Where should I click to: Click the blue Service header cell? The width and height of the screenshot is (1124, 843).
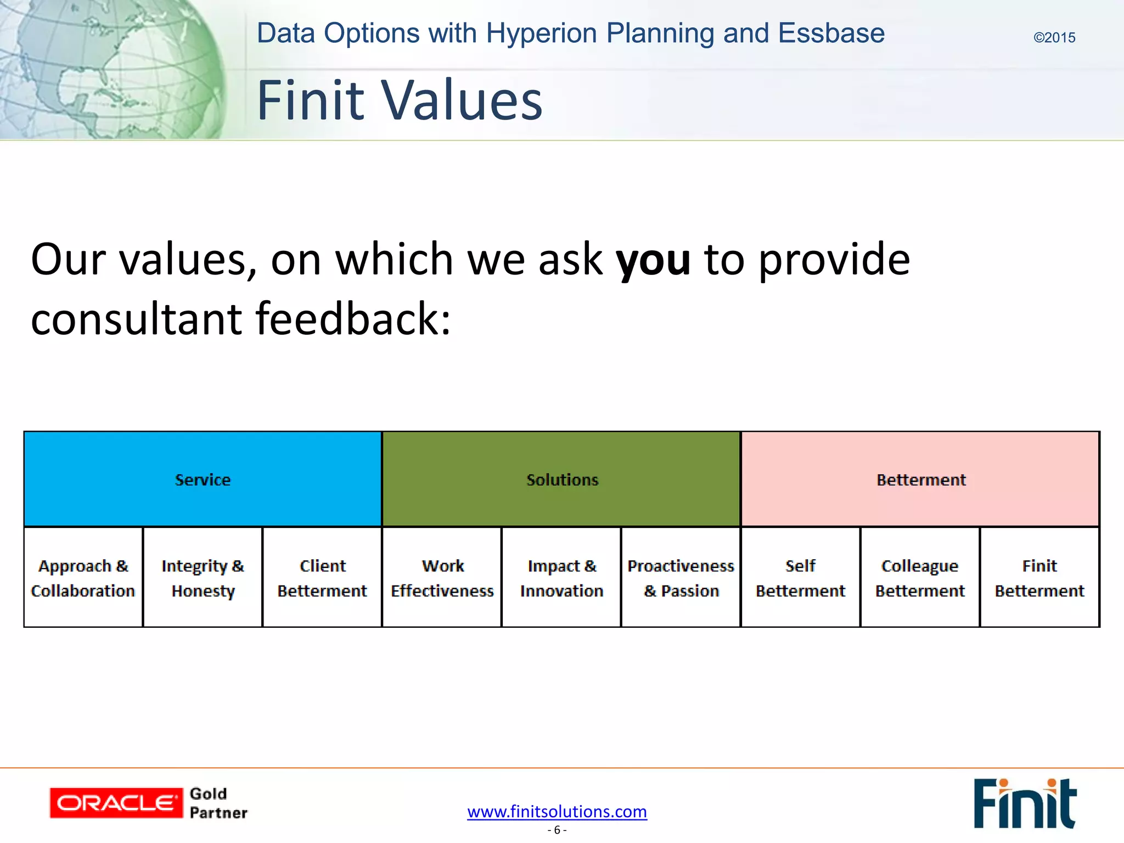pyautogui.click(x=203, y=479)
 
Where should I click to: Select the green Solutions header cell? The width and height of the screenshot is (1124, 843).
pyautogui.click(x=561, y=479)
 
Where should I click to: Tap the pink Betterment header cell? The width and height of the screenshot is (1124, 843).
pyautogui.click(x=920, y=479)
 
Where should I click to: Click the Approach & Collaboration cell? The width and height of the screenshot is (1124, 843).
pyautogui.click(x=83, y=577)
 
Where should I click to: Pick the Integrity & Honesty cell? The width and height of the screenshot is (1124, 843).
pyautogui.click(x=203, y=577)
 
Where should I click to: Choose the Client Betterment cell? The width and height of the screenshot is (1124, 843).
pyautogui.click(x=322, y=577)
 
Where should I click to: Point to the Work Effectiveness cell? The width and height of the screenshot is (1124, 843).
pyautogui.click(x=442, y=577)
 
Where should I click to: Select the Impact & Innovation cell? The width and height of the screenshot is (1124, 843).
pyautogui.click(x=561, y=577)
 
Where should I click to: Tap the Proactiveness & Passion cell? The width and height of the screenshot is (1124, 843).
pyautogui.click(x=681, y=577)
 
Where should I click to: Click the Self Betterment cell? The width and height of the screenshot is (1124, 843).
pyautogui.click(x=800, y=577)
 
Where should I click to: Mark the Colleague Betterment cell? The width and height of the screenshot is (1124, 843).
pyautogui.click(x=920, y=577)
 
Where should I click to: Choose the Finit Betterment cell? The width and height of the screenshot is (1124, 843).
pyautogui.click(x=1039, y=577)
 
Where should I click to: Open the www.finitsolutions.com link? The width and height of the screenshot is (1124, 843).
pyautogui.click(x=557, y=811)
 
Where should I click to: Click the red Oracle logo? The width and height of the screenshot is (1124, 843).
pyautogui.click(x=116, y=803)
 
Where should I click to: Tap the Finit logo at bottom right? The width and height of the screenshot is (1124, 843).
pyautogui.click(x=1025, y=803)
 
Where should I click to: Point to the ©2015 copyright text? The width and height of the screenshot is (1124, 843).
pyautogui.click(x=1054, y=38)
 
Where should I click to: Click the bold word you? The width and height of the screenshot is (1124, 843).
pyautogui.click(x=653, y=259)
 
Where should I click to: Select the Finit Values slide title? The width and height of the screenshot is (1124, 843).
pyautogui.click(x=400, y=100)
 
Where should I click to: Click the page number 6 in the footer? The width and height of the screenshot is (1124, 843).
pyautogui.click(x=557, y=830)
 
